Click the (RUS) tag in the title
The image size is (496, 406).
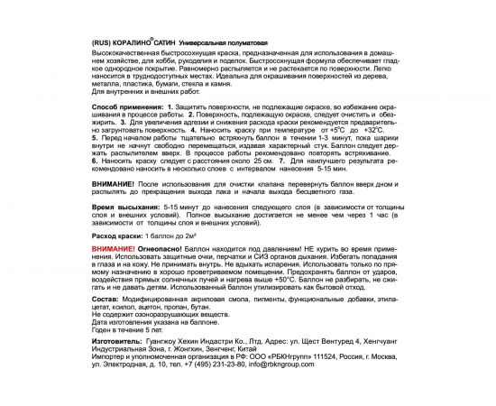[x=105, y=43]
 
